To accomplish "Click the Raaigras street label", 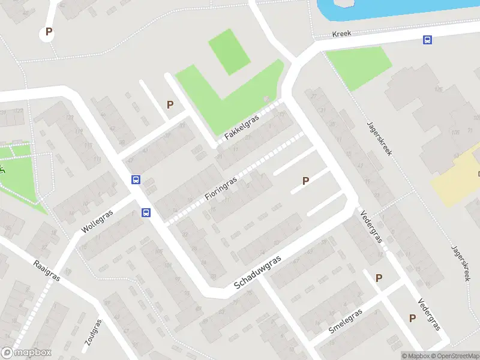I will tap(46, 271).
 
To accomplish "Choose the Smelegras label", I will tap(346, 323).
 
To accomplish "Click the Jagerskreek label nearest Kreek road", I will tap(379, 139).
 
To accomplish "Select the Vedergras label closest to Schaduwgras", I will tap(371, 226).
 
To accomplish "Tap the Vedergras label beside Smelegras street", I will tap(430, 314).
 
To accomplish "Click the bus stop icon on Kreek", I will tap(427, 40).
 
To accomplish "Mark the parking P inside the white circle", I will tap(49, 32).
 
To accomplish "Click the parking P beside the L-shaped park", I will tap(170, 104).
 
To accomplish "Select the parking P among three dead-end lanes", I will tap(305, 180).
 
